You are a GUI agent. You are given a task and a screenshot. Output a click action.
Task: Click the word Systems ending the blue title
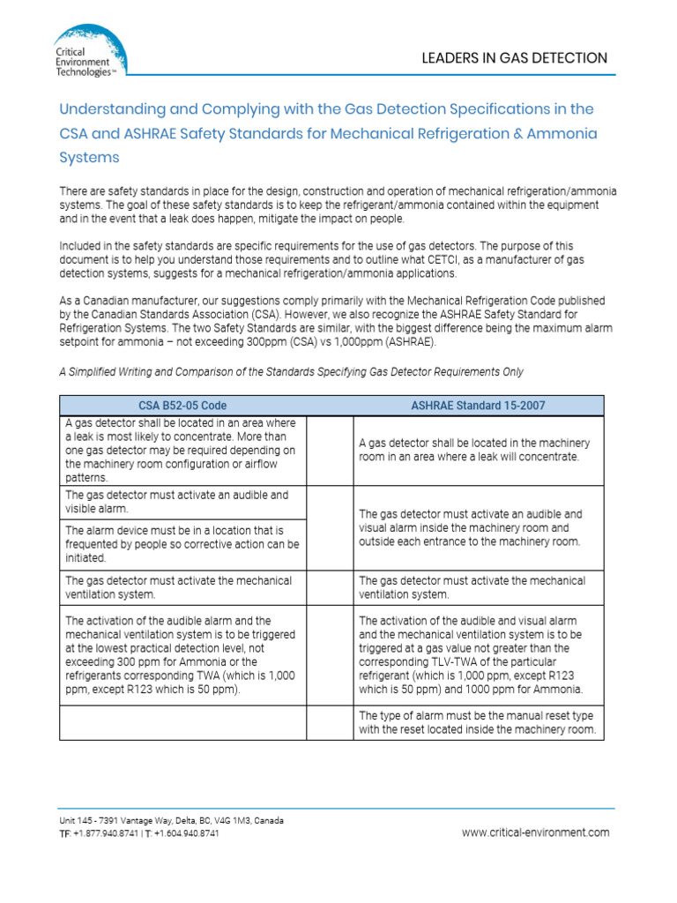(89, 158)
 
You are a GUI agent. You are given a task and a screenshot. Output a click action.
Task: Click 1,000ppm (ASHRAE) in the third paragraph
(386, 342)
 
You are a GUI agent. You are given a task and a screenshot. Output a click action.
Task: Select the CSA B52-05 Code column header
(182, 406)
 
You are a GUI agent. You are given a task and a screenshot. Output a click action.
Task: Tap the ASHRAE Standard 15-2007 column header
(478, 406)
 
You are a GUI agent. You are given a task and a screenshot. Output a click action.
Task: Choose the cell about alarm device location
(182, 544)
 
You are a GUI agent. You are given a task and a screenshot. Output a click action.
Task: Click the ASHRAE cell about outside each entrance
(478, 527)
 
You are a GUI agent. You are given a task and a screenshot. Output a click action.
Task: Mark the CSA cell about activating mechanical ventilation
(182, 587)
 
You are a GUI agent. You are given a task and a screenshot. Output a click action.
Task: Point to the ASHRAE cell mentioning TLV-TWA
(478, 655)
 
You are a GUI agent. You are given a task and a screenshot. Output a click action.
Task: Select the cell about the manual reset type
(478, 723)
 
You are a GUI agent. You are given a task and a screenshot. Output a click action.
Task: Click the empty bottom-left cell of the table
(182, 723)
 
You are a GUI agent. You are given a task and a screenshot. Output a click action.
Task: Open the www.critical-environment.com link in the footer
(535, 832)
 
